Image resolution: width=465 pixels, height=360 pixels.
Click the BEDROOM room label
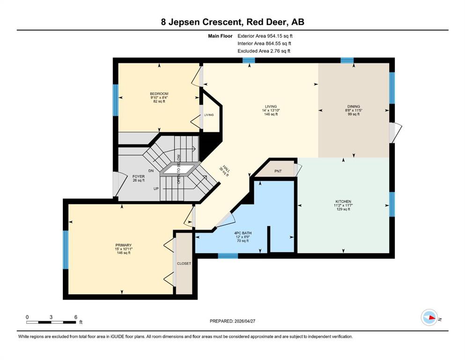point(159,94)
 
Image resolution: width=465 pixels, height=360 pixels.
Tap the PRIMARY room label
point(123,246)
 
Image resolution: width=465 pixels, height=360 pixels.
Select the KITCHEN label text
point(343,202)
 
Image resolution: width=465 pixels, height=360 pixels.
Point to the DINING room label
point(354,106)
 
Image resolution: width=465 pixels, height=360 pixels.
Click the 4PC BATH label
point(243,233)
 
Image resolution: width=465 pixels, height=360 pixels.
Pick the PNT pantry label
point(278,171)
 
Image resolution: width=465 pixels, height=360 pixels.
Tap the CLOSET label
point(184,263)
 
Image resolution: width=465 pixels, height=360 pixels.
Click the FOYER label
point(139,177)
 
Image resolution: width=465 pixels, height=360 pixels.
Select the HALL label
point(226,170)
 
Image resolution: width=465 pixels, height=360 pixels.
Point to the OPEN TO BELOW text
point(179,169)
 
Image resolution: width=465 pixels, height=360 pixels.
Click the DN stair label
point(151,171)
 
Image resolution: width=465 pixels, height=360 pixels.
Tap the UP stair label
point(156,189)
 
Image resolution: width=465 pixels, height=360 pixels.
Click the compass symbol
point(429,317)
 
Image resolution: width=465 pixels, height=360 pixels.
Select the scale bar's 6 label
point(76,317)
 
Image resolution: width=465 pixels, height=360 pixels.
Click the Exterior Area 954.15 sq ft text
point(265,36)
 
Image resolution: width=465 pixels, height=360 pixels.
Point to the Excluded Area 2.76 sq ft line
point(264,51)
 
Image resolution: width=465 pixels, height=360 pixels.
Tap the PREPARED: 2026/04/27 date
point(232,321)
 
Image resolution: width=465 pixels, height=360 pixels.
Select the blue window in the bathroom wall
point(228,256)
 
